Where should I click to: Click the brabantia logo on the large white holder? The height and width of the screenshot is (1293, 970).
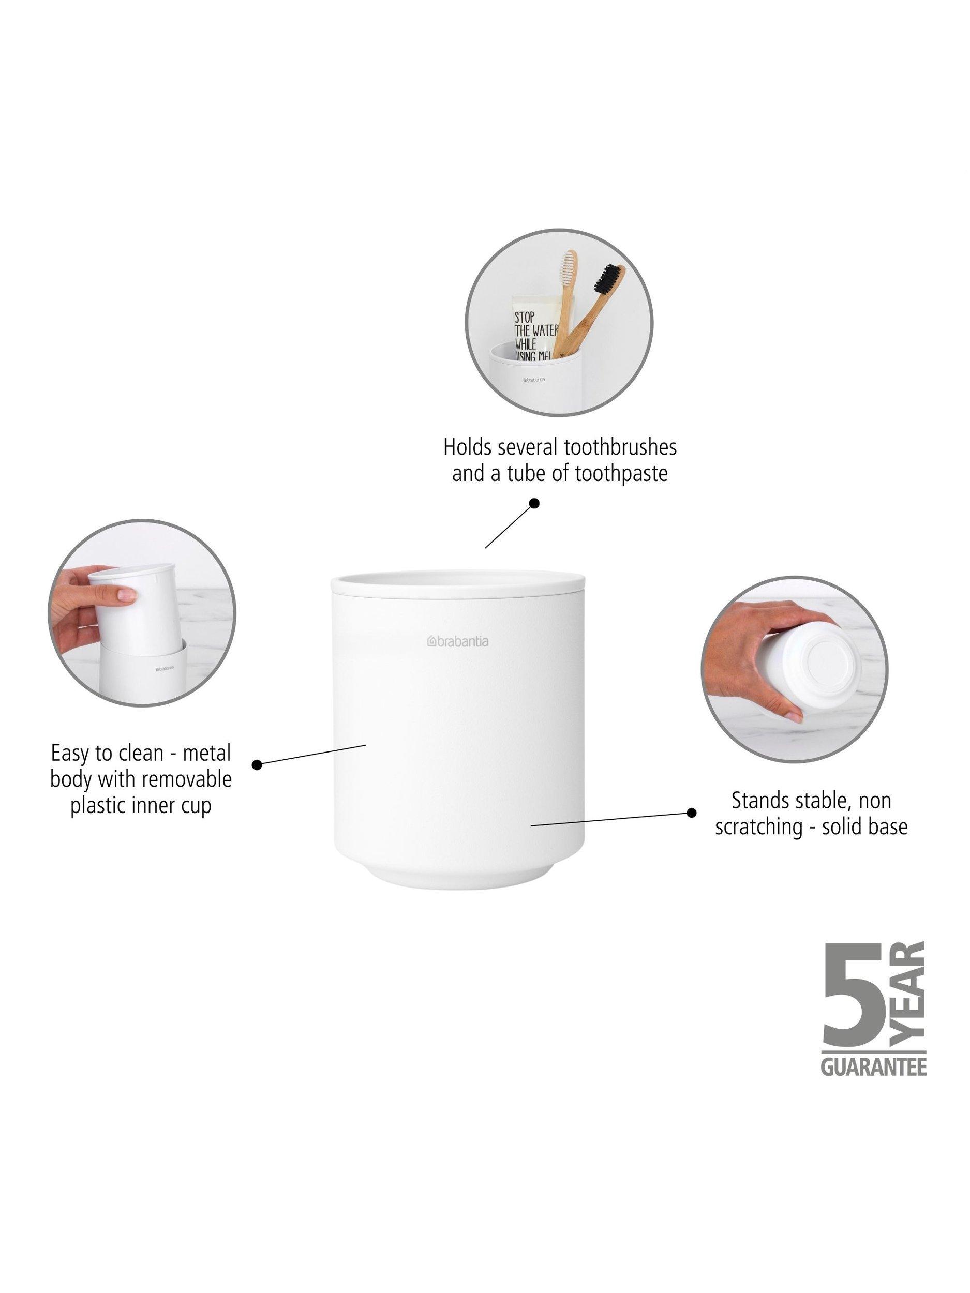tap(457, 642)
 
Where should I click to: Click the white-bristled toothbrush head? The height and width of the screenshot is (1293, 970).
tap(568, 269)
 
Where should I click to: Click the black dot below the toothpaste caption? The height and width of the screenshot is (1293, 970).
tap(534, 503)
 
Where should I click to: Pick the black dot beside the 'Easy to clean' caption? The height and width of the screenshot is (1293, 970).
tap(257, 764)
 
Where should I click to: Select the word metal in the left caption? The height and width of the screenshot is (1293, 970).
tap(207, 753)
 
